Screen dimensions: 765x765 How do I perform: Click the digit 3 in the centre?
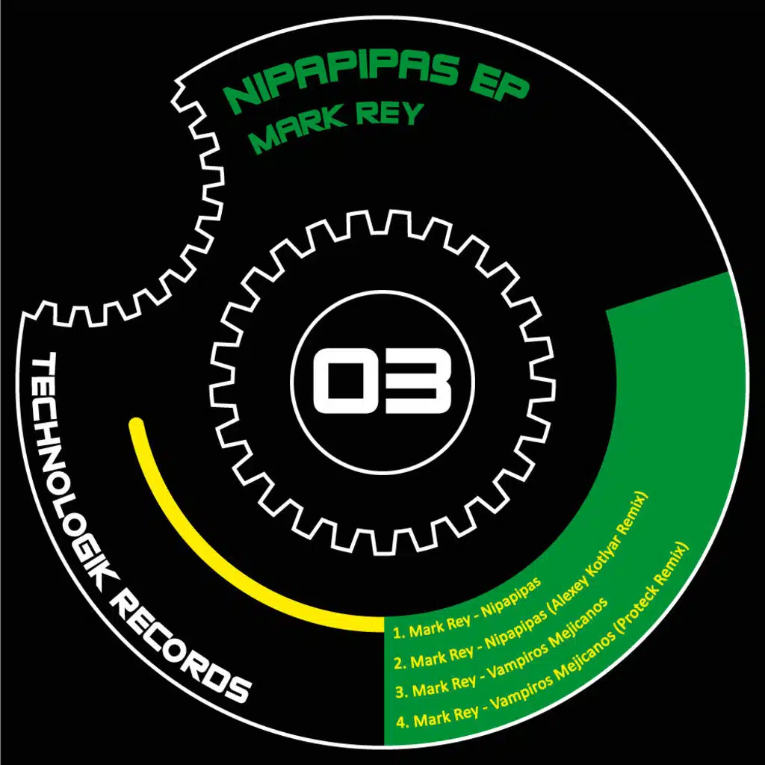pyautogui.click(x=418, y=381)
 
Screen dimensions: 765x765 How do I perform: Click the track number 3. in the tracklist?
pyautogui.click(x=402, y=693)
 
